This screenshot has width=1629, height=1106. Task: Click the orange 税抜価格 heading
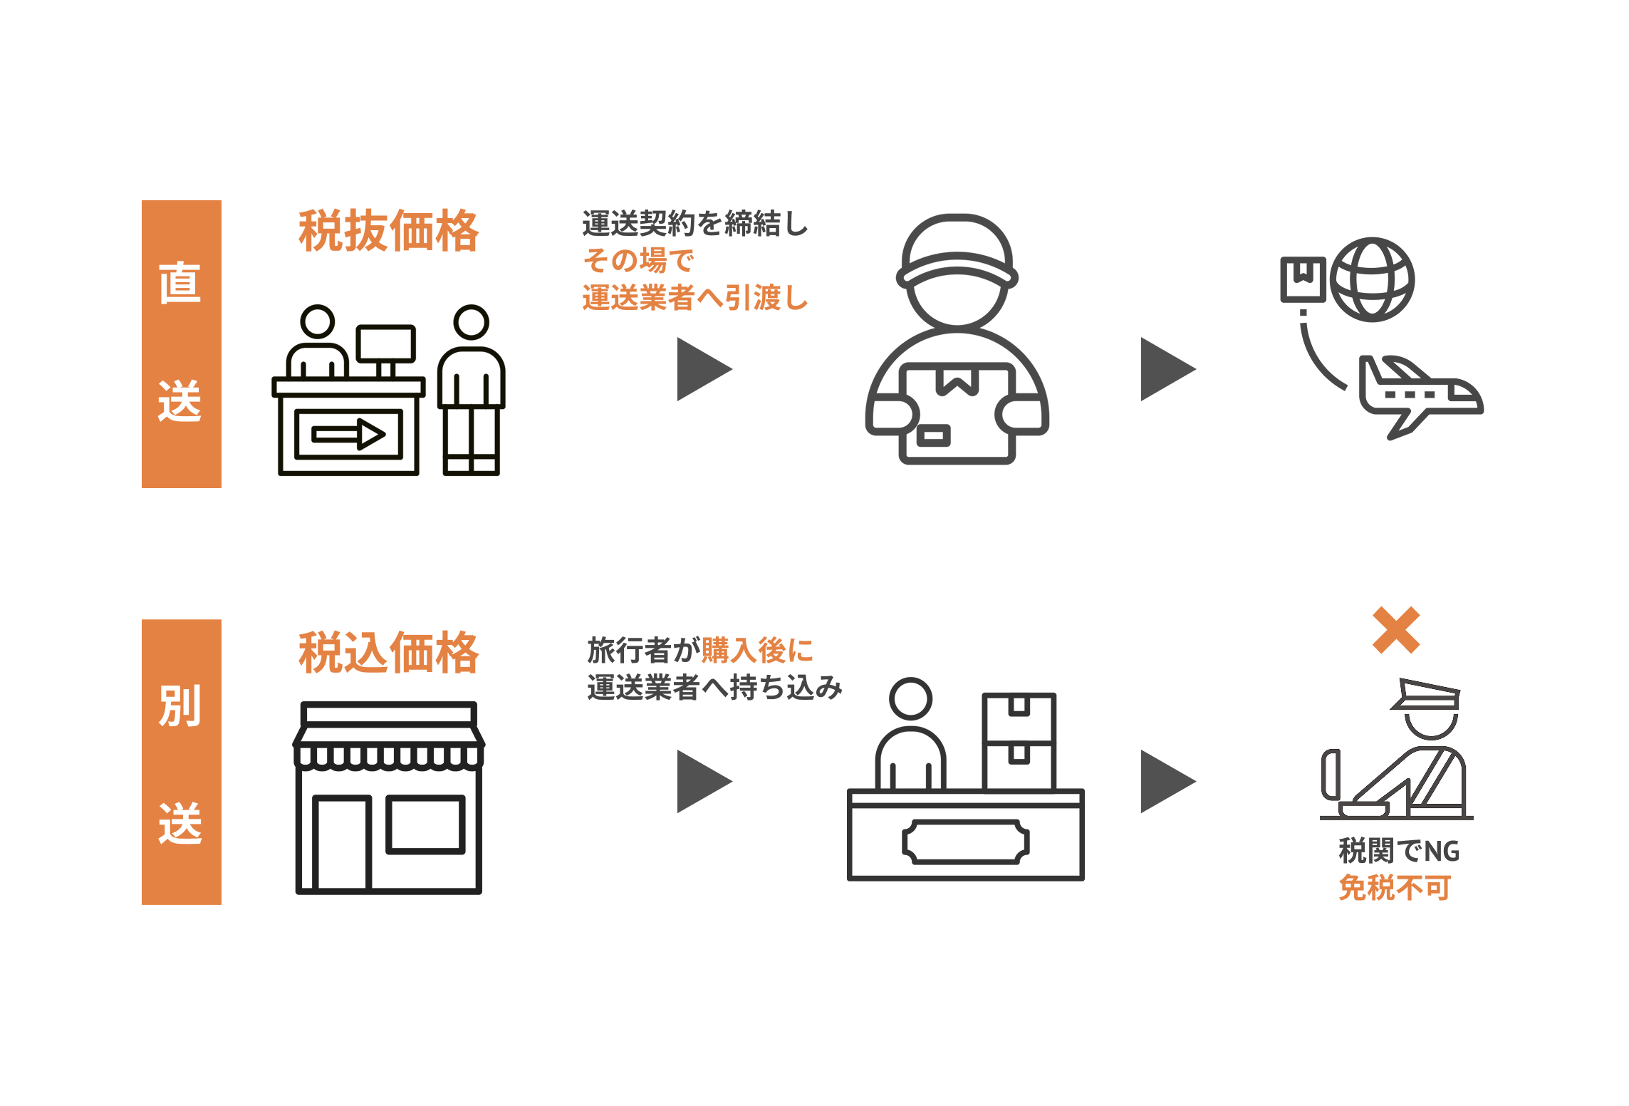click(x=388, y=231)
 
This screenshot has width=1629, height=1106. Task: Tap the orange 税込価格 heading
click(x=388, y=652)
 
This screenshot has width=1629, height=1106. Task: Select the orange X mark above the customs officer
click(x=1396, y=630)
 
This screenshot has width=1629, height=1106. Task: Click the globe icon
click(x=1372, y=279)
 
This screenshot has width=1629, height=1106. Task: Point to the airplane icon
click(x=1417, y=396)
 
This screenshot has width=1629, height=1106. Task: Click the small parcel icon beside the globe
click(x=1303, y=279)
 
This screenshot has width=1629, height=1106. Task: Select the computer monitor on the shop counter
click(x=385, y=344)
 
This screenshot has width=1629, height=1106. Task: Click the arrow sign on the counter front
click(x=348, y=433)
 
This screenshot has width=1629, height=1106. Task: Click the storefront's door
click(x=342, y=843)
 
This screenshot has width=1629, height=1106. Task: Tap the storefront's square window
click(x=425, y=825)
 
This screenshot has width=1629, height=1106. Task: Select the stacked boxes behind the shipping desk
click(x=1019, y=741)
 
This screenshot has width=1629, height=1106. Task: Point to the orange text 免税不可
click(x=1395, y=888)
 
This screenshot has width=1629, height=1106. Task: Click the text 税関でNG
click(x=1399, y=851)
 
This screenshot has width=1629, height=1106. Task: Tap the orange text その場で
click(x=638, y=261)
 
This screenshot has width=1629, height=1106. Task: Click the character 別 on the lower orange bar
click(x=180, y=706)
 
